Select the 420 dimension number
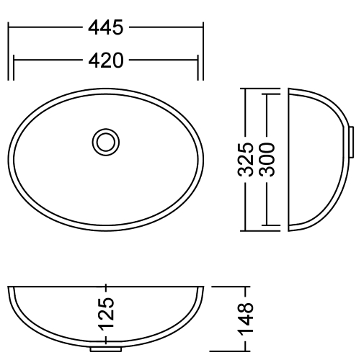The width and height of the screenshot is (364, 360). [106, 60]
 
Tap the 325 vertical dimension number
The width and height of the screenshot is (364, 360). [247, 160]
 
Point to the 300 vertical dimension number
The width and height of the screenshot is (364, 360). [267, 160]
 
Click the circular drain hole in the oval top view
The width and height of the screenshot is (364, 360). [106, 141]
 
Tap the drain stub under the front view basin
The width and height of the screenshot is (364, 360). [106, 351]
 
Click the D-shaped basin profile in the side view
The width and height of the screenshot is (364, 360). [314, 160]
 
